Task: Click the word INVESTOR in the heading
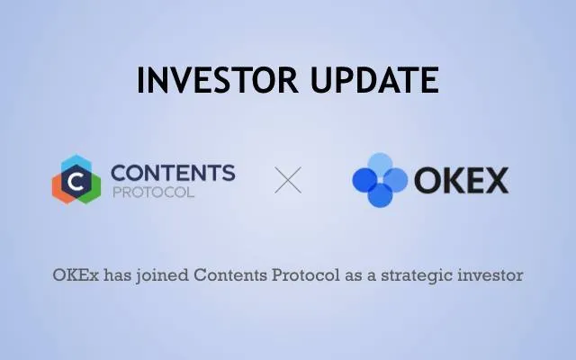pyautogui.click(x=218, y=80)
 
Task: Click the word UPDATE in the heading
pyautogui.click(x=374, y=80)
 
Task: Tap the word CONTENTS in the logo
pyautogui.click(x=173, y=173)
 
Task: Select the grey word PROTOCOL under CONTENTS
pyautogui.click(x=153, y=193)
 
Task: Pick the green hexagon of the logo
pyautogui.click(x=91, y=189)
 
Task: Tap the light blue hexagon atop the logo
pyautogui.click(x=76, y=162)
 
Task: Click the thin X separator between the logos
pyautogui.click(x=288, y=180)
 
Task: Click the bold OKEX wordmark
pyautogui.click(x=462, y=180)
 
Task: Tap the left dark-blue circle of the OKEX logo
pyautogui.click(x=365, y=180)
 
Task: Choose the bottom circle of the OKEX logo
pyautogui.click(x=380, y=194)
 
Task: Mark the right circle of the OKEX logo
pyautogui.click(x=395, y=180)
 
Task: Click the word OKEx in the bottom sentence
pyautogui.click(x=76, y=275)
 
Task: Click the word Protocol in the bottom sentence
pyautogui.click(x=306, y=275)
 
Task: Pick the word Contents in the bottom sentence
pyautogui.click(x=230, y=275)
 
